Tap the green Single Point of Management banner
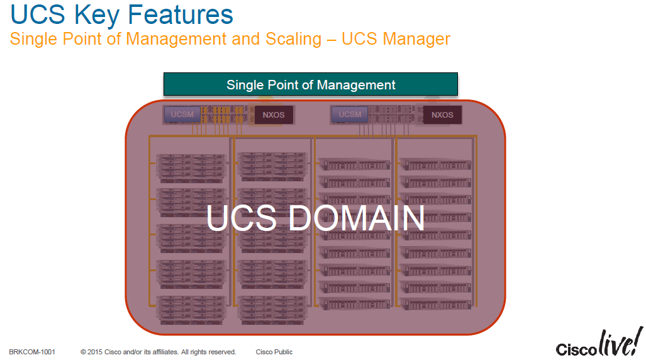point(311,84)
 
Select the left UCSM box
point(182,115)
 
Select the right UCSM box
point(350,115)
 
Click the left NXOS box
point(274,115)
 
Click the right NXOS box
point(442,115)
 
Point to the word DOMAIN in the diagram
point(357,218)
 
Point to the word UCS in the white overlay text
point(241,218)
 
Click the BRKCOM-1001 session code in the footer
point(32,352)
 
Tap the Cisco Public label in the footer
point(274,352)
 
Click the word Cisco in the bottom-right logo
point(572,349)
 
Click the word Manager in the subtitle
point(416,39)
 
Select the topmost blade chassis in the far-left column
point(191,166)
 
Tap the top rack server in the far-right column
point(435,164)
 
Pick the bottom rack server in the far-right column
point(435,305)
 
